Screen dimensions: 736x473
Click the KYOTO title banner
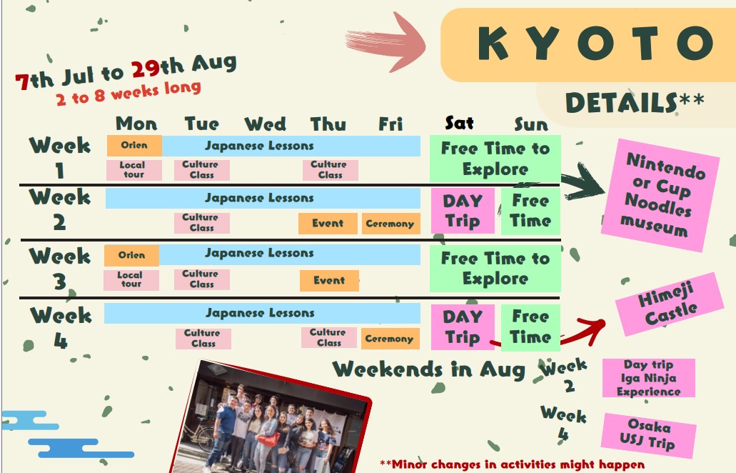(588, 44)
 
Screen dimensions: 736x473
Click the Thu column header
(328, 124)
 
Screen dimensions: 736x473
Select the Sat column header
(459, 123)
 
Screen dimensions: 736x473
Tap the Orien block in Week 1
(134, 146)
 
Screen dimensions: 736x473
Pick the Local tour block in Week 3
(131, 280)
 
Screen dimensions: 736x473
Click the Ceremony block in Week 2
(390, 224)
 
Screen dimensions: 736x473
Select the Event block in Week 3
(329, 280)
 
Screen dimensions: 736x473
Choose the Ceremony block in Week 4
(390, 339)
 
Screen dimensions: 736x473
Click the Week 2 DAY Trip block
(463, 211)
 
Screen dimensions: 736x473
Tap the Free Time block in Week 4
(530, 327)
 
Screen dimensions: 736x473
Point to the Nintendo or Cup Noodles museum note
(661, 195)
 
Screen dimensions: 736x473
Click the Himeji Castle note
(669, 304)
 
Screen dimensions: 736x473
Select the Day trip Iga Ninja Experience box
(649, 378)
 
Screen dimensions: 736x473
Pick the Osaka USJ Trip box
(649, 435)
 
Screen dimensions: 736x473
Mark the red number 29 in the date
(146, 69)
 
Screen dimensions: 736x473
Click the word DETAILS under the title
(622, 102)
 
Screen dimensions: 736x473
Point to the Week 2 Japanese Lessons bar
(263, 198)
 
